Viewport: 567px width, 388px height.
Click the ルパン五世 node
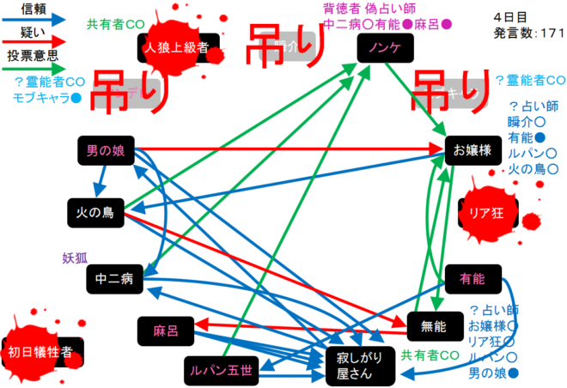pos(221,370)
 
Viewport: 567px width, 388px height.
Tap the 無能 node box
pos(433,325)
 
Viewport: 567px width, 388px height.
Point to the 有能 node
pos(472,278)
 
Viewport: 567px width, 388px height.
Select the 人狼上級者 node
pos(178,48)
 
